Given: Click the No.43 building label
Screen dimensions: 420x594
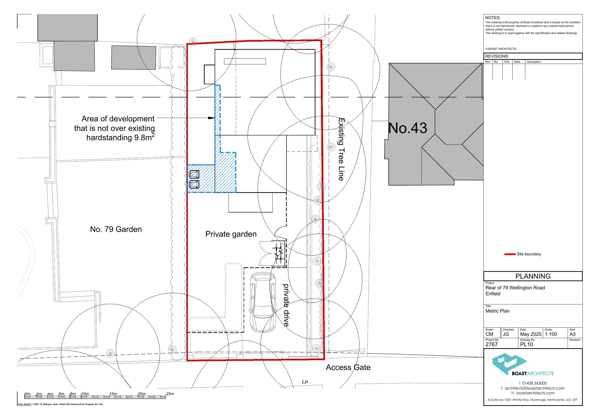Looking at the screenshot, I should (408, 128).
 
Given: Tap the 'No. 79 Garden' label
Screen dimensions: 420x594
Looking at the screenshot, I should (116, 229).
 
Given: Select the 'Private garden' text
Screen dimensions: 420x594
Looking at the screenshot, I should (231, 234).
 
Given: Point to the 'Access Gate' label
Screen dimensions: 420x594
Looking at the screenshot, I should (348, 367).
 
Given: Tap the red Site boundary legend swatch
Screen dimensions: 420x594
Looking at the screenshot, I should (510, 254).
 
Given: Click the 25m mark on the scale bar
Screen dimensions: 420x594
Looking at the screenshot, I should (170, 394).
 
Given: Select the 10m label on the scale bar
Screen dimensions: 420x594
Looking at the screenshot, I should (85, 394).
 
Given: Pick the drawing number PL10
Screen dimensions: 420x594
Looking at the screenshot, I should (527, 344).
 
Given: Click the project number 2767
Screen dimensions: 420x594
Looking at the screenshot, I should (492, 344).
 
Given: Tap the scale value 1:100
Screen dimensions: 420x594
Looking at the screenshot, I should (551, 334).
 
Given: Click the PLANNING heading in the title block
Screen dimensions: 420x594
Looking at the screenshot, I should (533, 276).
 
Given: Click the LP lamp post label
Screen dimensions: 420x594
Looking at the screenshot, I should (305, 382).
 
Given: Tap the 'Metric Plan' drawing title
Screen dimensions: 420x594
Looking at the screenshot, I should (497, 311).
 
